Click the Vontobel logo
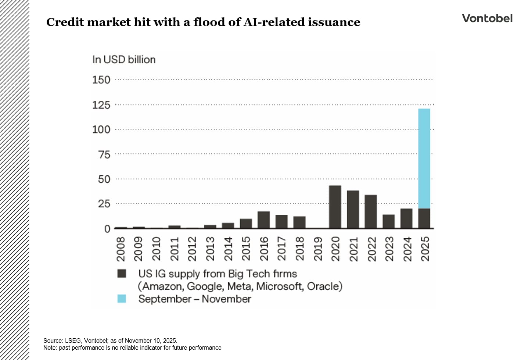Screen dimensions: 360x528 coord(487,18)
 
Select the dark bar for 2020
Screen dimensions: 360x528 coord(335,207)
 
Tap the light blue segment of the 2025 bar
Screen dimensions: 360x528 coord(424,158)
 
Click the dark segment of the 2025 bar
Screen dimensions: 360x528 coord(424,218)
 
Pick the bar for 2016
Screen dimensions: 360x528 coord(263,220)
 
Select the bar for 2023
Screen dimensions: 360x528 coord(388,221)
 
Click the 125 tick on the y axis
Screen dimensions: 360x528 coord(101,105)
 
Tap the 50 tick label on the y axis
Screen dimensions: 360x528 coord(104,179)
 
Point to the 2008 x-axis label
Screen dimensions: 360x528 coord(121,249)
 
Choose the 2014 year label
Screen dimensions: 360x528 coord(228,249)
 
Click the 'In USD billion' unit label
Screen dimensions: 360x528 coord(124,60)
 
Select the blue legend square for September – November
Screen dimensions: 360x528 coord(122,299)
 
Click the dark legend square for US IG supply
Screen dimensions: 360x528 coord(122,274)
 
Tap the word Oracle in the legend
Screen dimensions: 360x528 coord(324,286)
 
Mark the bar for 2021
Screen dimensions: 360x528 coord(353,209)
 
